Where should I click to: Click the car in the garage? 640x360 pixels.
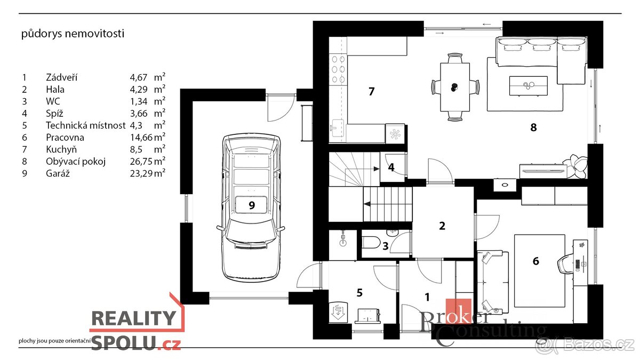pyautogui.click(x=251, y=207)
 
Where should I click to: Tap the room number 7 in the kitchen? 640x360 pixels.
pyautogui.click(x=371, y=91)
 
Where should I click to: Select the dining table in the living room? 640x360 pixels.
pyautogui.click(x=455, y=87)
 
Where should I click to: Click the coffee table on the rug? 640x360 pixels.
pyautogui.click(x=529, y=86)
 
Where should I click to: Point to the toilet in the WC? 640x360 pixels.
pyautogui.click(x=371, y=243)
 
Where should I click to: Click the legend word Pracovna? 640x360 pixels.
pyautogui.click(x=65, y=138)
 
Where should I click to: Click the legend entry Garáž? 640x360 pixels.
pyautogui.click(x=58, y=173)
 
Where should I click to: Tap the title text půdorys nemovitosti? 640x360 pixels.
pyautogui.click(x=73, y=34)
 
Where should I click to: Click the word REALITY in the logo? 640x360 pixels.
pyautogui.click(x=134, y=318)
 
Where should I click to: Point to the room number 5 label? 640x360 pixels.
pyautogui.click(x=359, y=293)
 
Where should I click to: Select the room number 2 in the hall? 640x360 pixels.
pyautogui.click(x=442, y=226)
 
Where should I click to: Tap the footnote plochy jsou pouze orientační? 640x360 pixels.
pyautogui.click(x=54, y=341)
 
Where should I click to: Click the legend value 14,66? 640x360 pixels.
pyautogui.click(x=141, y=138)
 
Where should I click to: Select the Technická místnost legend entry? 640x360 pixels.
pyautogui.click(x=86, y=125)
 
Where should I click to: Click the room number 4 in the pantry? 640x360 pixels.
pyautogui.click(x=391, y=167)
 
